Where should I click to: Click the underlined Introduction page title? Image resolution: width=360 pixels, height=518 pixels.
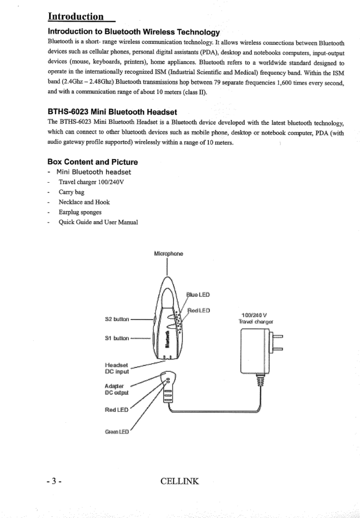(76, 16)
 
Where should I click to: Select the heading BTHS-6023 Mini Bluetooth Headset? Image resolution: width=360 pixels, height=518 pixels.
(112, 112)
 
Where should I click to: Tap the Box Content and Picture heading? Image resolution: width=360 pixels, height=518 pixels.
(93, 162)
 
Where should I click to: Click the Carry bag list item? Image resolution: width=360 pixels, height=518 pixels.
(71, 192)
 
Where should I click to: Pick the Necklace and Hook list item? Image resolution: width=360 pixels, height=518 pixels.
(84, 202)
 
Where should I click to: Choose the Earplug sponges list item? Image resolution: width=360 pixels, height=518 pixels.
(80, 212)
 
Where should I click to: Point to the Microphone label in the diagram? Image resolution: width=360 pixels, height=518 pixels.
(168, 254)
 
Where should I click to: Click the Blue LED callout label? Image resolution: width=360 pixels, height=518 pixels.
(198, 294)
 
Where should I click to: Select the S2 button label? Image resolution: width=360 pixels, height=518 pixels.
(117, 320)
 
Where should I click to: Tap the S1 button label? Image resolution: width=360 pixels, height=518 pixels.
(117, 338)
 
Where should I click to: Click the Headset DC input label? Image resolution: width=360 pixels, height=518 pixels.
(117, 368)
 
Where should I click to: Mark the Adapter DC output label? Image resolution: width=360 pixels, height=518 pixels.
(116, 389)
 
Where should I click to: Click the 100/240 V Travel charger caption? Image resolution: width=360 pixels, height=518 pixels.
(256, 318)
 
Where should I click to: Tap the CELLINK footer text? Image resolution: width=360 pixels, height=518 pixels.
(180, 481)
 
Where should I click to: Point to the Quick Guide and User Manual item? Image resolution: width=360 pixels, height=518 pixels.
(98, 222)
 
